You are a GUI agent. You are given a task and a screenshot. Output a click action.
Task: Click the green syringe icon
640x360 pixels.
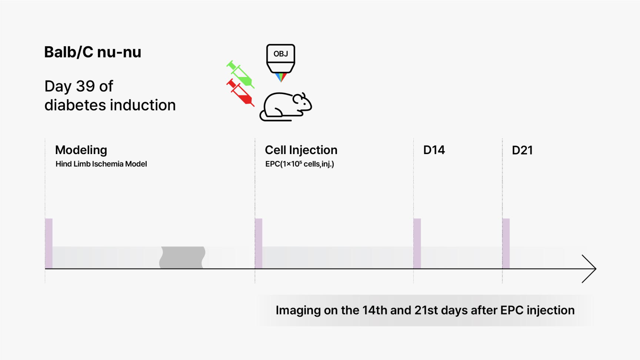point(241,74)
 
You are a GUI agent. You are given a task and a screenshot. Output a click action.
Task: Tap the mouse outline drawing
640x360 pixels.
point(286,107)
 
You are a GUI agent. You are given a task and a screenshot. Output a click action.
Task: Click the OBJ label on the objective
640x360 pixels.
point(281,54)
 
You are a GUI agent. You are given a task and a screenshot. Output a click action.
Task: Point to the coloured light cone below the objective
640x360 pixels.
point(281,77)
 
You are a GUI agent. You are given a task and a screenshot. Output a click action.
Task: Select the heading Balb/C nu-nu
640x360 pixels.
point(93,52)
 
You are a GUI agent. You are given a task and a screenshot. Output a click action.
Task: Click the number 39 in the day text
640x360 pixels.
point(85,86)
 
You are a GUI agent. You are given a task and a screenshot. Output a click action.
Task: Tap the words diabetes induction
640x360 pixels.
point(110,105)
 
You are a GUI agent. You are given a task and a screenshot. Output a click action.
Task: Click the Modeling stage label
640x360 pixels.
point(81,150)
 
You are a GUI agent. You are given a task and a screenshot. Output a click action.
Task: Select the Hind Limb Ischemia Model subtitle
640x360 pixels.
point(101,164)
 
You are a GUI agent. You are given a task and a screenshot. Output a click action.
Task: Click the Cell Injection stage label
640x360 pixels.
point(301,150)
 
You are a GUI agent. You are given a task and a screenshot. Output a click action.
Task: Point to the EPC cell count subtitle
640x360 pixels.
point(300,164)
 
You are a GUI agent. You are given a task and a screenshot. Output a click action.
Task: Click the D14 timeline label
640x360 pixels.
point(434,150)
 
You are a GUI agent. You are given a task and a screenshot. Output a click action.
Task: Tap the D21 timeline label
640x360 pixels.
point(522,150)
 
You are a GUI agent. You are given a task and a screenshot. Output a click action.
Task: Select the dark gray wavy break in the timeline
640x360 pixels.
point(182,257)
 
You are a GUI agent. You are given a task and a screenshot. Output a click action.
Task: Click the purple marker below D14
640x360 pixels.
point(417,243)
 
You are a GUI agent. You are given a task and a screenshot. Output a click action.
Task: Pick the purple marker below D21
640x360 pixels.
point(506,243)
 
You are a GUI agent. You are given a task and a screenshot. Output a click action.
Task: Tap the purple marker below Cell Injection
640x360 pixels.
point(259,243)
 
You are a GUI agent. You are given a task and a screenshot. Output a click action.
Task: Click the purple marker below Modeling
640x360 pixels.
point(49,243)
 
